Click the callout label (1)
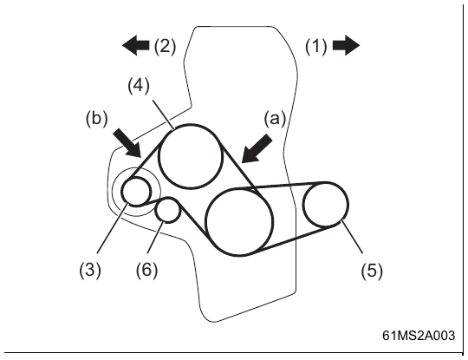click(x=316, y=46)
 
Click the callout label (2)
click(x=165, y=46)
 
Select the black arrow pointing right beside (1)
click(x=346, y=45)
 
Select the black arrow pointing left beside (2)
click(x=136, y=45)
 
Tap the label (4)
click(x=139, y=86)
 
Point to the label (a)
click(x=275, y=119)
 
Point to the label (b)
click(x=96, y=119)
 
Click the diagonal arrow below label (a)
click(x=256, y=149)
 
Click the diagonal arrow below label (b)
click(x=127, y=143)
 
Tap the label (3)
click(x=90, y=270)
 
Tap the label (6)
click(x=146, y=270)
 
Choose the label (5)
click(x=372, y=271)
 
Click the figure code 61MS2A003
click(x=419, y=336)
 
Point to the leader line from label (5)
click(x=352, y=237)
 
